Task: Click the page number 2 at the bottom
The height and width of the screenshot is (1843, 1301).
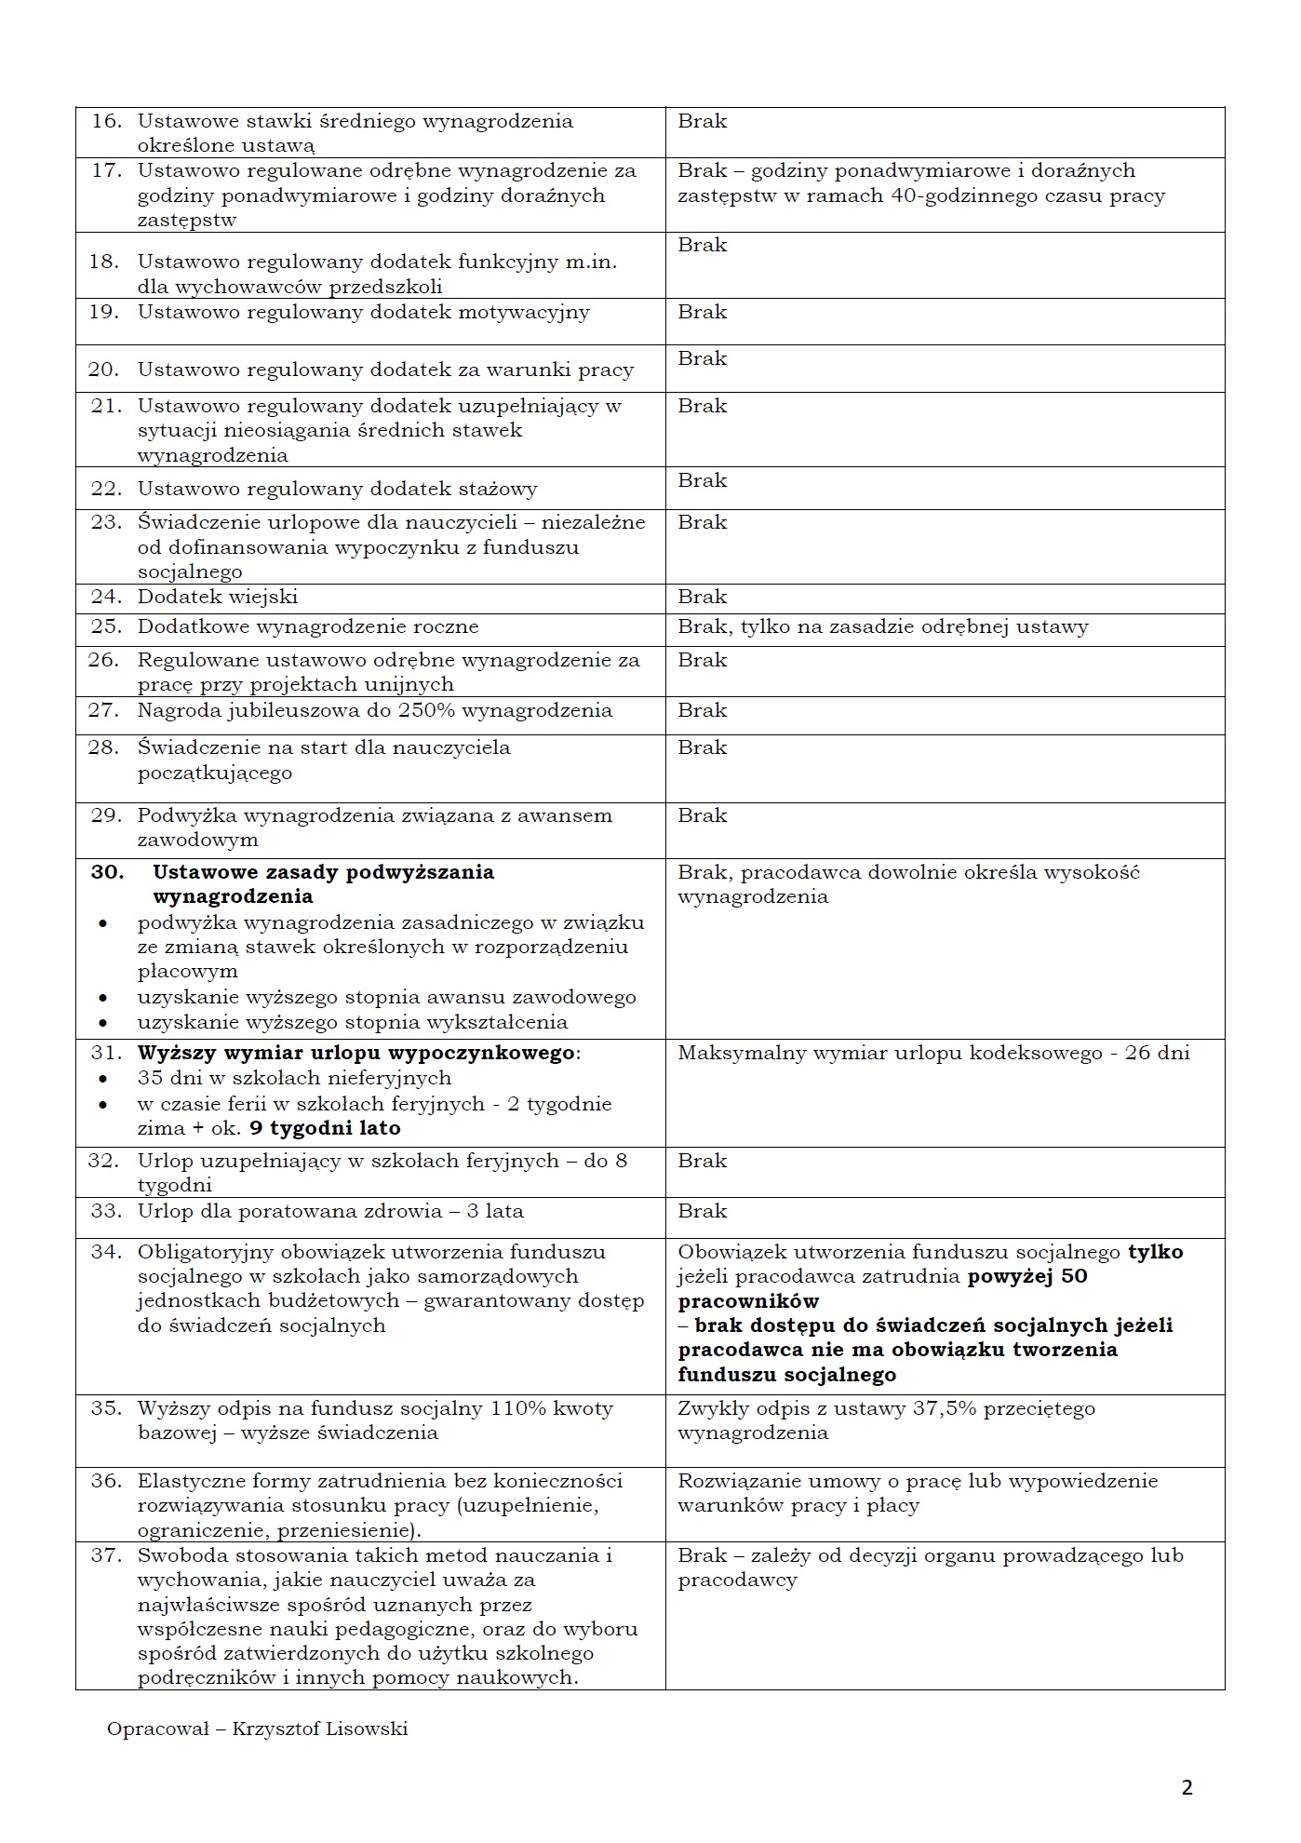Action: (1187, 1787)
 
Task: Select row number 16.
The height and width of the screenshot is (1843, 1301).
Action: (106, 121)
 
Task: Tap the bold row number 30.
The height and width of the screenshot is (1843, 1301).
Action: (106, 872)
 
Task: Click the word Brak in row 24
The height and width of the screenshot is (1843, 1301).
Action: (702, 597)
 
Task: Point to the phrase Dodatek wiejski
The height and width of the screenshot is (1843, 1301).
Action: (218, 597)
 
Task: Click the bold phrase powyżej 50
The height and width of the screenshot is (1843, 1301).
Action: (1027, 1276)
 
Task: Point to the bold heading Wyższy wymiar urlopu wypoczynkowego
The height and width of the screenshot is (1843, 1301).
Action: (357, 1053)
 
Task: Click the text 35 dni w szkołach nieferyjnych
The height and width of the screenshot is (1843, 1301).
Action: (294, 1078)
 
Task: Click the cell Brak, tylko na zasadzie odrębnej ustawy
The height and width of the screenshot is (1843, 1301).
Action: (882, 626)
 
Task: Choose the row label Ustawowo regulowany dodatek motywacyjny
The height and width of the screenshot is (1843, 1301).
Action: (363, 312)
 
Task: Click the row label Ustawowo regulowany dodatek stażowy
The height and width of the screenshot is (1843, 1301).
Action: (337, 489)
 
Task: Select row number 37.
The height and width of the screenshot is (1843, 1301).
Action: (106, 1555)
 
